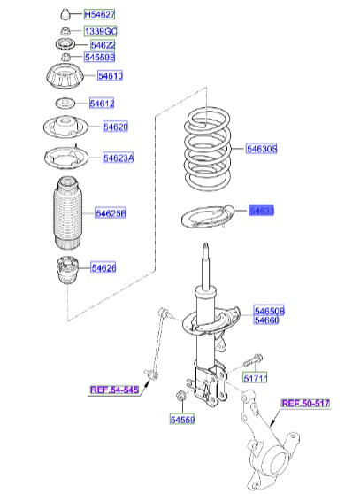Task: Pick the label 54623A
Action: coord(118,158)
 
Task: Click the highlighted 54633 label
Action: coord(262,211)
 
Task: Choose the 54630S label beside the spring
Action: coord(263,149)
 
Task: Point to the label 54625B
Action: coord(111,213)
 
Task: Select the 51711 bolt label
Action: coord(255,378)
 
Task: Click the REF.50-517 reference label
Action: coord(305,404)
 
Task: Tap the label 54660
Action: coord(267,320)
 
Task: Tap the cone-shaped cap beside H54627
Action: coord(65,15)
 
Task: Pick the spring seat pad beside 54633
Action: coord(201,217)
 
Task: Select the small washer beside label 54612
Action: coord(64,104)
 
